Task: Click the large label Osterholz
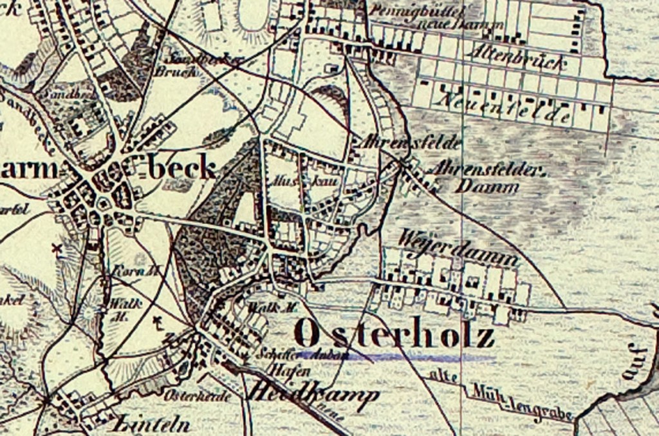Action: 394,335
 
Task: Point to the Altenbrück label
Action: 518,59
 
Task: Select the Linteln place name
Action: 152,424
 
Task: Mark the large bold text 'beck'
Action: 181,169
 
